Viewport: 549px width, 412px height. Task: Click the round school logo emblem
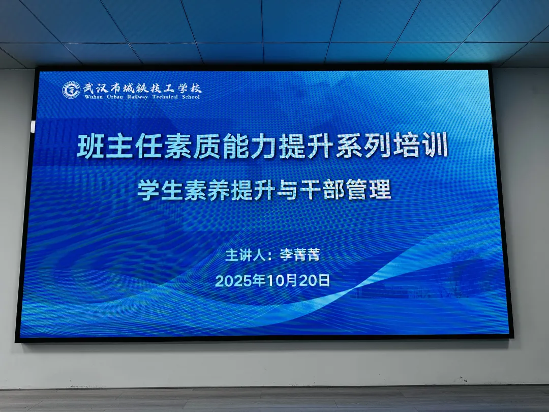click(71, 90)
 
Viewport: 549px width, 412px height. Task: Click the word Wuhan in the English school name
click(94, 97)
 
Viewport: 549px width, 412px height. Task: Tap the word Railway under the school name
click(137, 97)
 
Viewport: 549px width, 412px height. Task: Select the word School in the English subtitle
click(191, 97)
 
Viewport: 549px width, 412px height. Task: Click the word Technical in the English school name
click(165, 97)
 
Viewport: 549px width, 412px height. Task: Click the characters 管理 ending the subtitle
click(369, 190)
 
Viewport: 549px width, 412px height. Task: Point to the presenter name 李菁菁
click(300, 255)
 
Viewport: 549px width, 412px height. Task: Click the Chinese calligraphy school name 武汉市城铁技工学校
click(142, 87)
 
